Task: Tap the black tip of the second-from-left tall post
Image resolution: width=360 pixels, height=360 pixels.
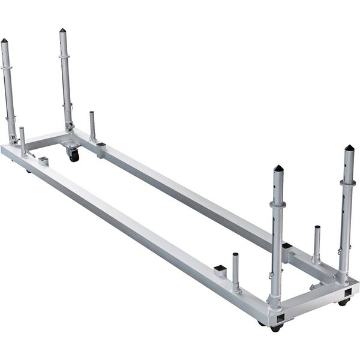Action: tap(62, 31)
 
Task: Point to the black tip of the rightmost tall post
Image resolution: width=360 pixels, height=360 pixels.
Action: tap(349, 148)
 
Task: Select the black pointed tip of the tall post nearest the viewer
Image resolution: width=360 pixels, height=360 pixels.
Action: tap(278, 169)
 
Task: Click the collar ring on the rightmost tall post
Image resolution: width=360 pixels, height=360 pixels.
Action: tap(347, 182)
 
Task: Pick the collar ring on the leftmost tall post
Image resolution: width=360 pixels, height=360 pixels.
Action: tap(6, 68)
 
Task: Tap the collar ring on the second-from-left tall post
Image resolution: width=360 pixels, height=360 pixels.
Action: tap(65, 58)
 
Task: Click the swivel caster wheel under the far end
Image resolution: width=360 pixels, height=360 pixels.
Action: tap(73, 155)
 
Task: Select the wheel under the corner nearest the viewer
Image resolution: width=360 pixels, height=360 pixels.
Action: tap(275, 328)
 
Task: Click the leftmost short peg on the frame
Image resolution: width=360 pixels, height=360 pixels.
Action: tap(22, 141)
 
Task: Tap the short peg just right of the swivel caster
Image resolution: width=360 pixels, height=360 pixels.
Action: tap(92, 125)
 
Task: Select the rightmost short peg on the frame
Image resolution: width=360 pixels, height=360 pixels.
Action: tap(317, 244)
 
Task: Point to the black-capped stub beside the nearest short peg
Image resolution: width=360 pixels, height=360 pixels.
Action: tap(220, 269)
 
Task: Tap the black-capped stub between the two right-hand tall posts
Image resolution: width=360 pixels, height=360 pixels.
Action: tap(287, 247)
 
